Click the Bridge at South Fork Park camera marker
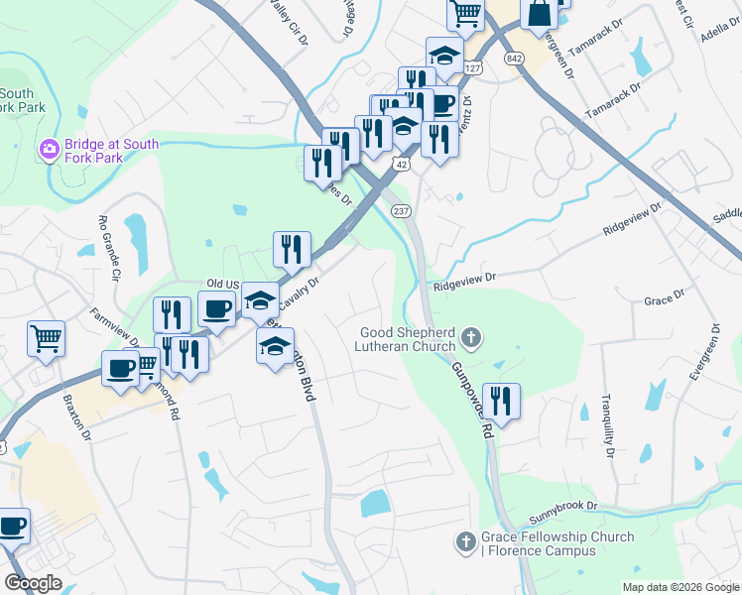tap(49, 150)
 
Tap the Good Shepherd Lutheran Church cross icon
tap(471, 339)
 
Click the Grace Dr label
tap(664, 298)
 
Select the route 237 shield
tap(402, 211)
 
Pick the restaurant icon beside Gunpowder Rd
tap(501, 401)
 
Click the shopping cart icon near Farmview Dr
tap(46, 338)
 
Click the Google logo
tap(33, 583)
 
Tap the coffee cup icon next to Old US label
tap(216, 308)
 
